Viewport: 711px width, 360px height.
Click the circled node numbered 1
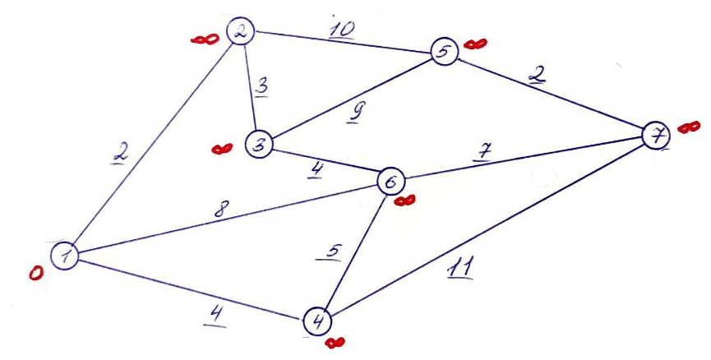[x=63, y=256]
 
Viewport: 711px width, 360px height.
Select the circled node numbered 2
[x=242, y=33]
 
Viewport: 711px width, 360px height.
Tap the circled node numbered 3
[x=259, y=145]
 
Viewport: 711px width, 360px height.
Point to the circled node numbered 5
[x=444, y=53]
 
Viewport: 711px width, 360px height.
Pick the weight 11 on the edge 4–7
[x=461, y=268]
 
